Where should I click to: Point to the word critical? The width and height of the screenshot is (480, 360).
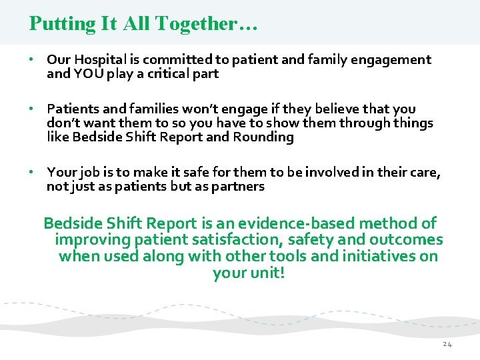coord(163,74)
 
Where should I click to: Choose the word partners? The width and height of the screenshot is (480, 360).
coord(237,187)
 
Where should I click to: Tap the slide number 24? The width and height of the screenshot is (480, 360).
coord(447,344)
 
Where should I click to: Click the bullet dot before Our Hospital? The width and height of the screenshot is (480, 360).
coord(31,60)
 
